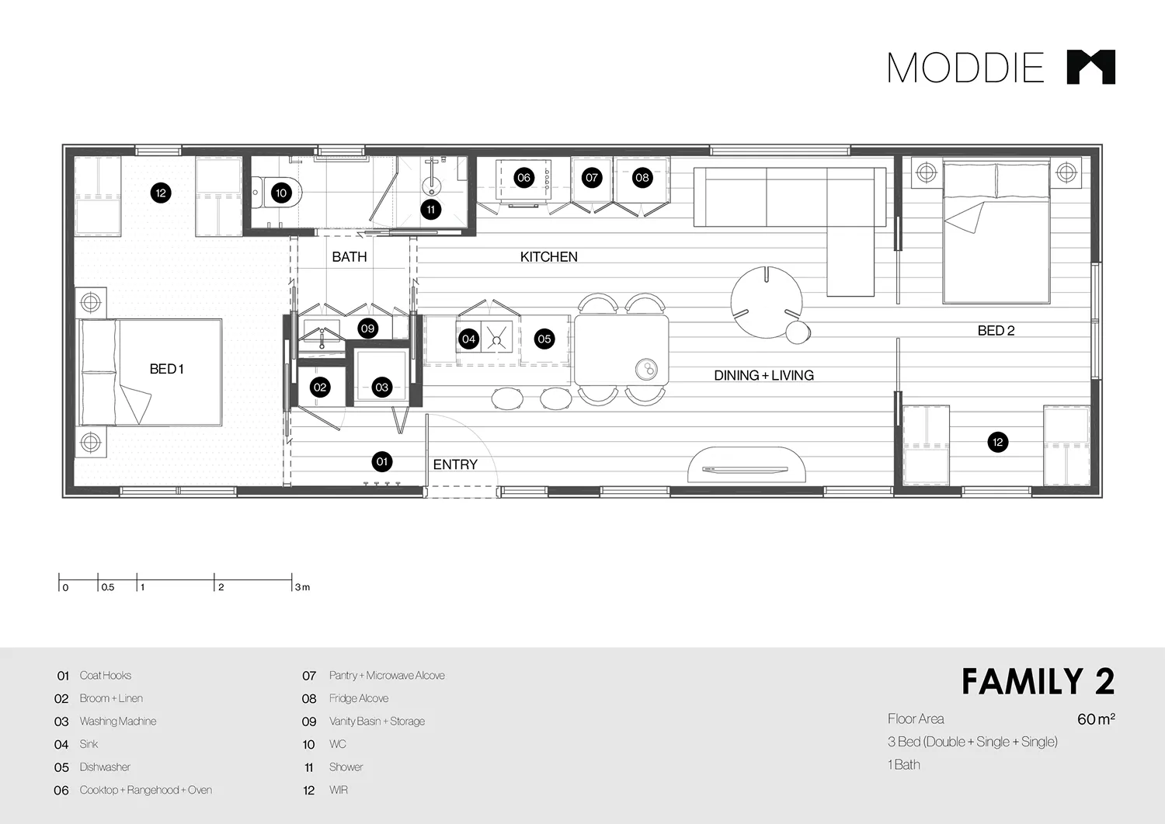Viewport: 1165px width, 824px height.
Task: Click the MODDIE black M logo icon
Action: point(1090,67)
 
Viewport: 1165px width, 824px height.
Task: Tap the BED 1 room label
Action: point(166,369)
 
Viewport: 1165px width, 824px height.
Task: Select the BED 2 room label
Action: point(996,330)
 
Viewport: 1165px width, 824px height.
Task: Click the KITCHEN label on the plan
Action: point(548,257)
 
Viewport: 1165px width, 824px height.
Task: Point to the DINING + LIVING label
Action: point(763,375)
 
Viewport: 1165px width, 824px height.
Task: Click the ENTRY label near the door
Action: point(455,464)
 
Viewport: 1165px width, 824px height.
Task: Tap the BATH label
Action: point(349,257)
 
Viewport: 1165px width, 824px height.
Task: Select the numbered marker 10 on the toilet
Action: point(281,193)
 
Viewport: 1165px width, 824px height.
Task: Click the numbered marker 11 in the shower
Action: point(431,209)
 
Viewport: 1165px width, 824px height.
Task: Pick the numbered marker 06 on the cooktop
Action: point(523,177)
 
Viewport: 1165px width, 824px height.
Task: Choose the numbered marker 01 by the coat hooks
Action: point(381,461)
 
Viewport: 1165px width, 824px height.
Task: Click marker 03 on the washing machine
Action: point(381,387)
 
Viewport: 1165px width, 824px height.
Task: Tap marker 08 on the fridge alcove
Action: point(642,177)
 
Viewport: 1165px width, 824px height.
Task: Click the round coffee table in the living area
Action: point(766,302)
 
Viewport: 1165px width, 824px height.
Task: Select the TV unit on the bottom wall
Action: point(746,466)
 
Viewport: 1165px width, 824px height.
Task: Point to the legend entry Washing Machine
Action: point(118,721)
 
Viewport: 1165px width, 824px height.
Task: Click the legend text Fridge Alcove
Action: point(359,698)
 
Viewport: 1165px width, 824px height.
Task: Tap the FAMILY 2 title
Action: point(1038,682)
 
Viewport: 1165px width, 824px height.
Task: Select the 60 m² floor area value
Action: point(1095,719)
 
